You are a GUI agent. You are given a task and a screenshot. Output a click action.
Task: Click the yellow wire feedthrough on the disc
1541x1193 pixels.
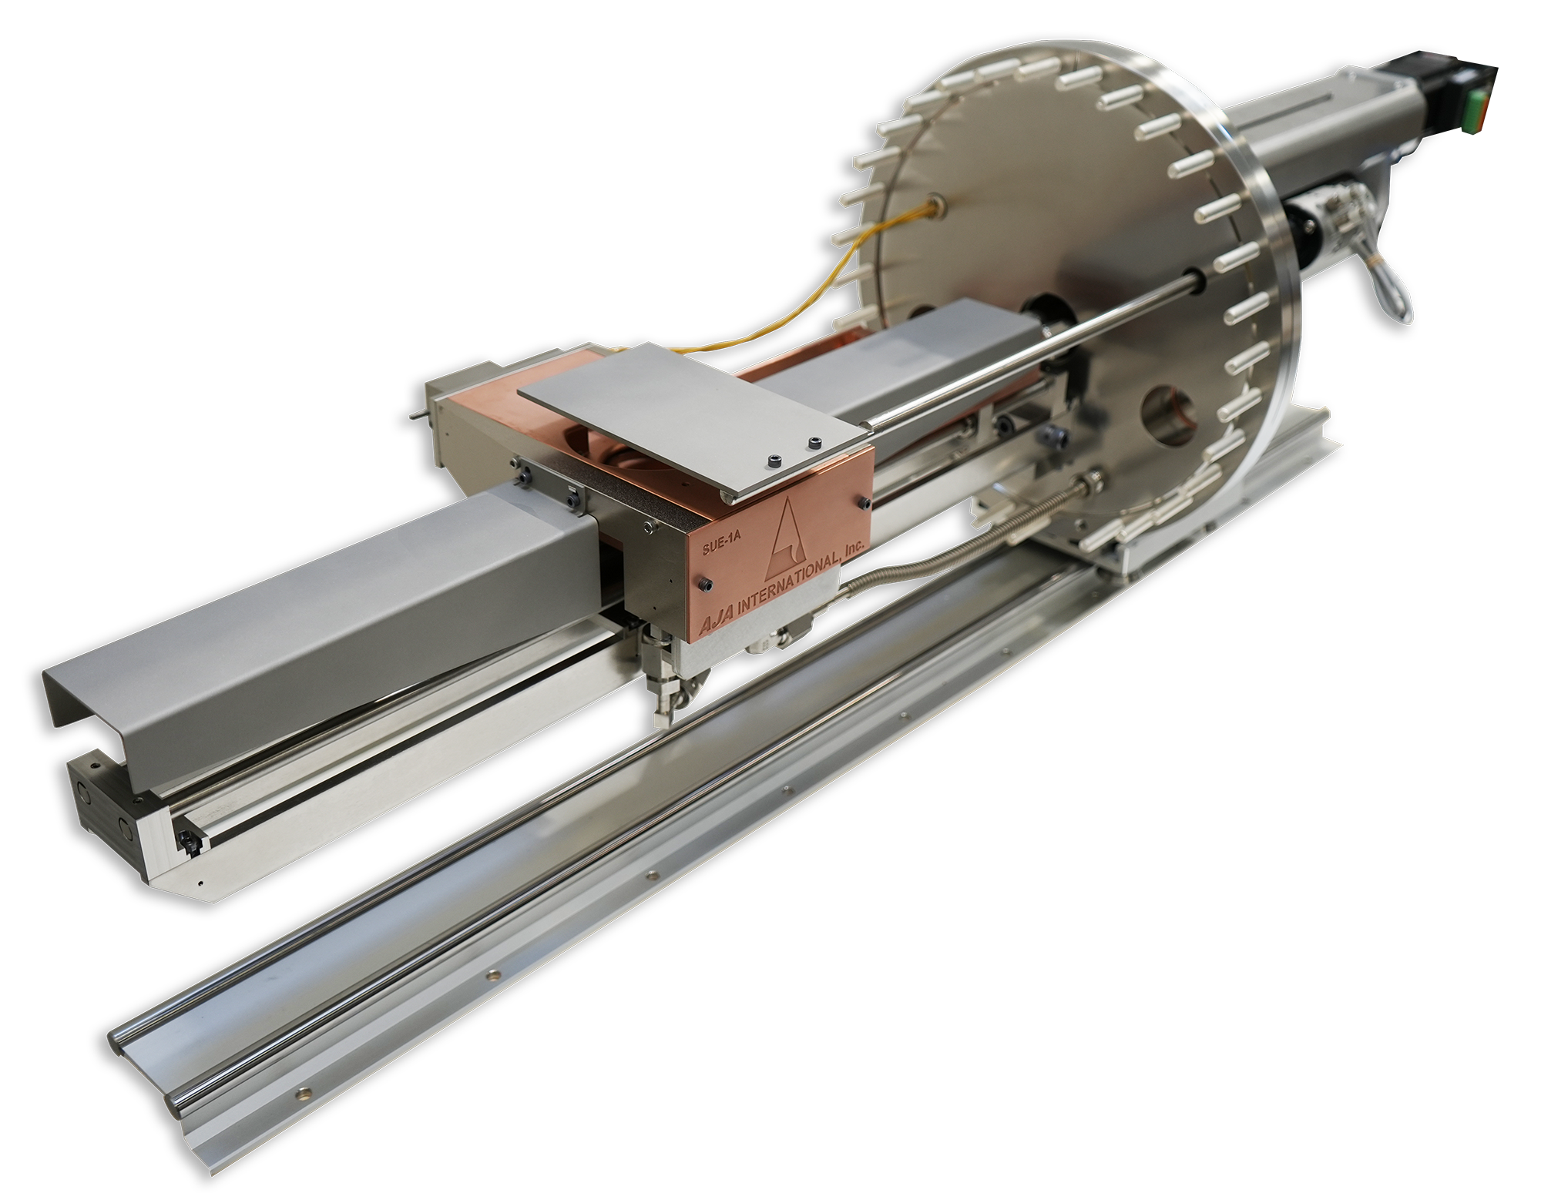[937, 204]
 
